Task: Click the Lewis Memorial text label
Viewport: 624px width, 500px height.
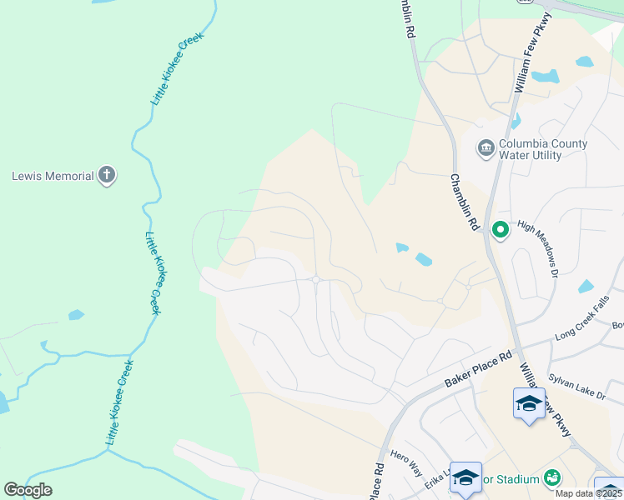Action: pos(52,176)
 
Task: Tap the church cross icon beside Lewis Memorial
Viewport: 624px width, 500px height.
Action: pos(106,175)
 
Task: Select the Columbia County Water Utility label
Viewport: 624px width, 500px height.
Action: pos(542,148)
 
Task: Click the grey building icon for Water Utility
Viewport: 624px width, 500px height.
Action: pos(486,148)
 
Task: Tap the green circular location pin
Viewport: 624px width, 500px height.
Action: pos(500,228)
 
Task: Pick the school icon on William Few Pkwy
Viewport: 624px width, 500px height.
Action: pos(529,404)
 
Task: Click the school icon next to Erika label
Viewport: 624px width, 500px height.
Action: pos(465,477)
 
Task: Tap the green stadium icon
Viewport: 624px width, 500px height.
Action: pos(551,477)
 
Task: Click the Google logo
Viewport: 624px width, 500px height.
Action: pos(28,490)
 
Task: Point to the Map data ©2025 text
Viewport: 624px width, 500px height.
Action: pos(588,493)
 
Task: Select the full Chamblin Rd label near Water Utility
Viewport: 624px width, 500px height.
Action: pos(465,202)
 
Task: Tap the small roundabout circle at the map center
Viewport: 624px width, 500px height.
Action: pos(316,280)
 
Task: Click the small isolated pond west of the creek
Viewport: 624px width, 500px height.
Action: pos(76,315)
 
